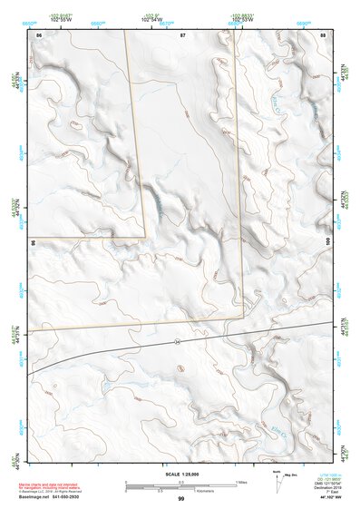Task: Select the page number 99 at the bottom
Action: point(181,499)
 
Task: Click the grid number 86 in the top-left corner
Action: point(38,34)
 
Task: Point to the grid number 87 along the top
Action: point(182,34)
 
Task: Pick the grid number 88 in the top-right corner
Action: point(324,34)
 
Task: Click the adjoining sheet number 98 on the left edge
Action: point(32,243)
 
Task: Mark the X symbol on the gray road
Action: point(179,341)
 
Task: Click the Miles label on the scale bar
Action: point(241,481)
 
